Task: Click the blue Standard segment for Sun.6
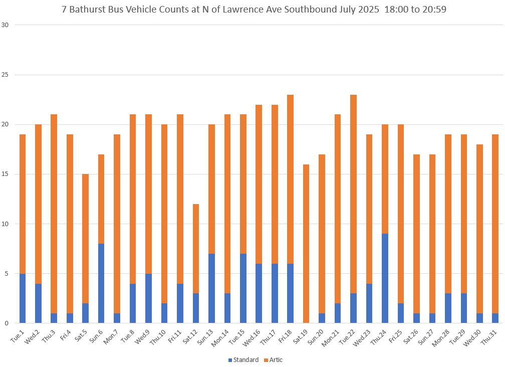click(x=101, y=283)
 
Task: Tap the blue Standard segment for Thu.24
click(x=385, y=278)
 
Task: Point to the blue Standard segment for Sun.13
click(x=211, y=288)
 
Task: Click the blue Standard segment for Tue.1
click(x=22, y=298)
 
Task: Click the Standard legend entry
click(x=243, y=359)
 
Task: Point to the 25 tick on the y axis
click(x=8, y=75)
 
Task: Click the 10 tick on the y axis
click(x=8, y=224)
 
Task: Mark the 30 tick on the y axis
click(x=8, y=25)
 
